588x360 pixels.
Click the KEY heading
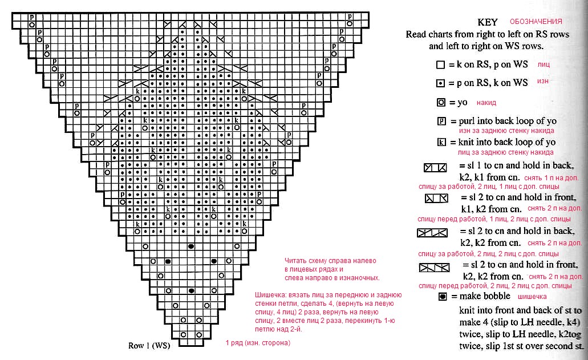(x=488, y=22)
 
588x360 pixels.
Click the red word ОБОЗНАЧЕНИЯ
(x=536, y=21)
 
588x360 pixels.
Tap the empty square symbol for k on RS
(x=440, y=65)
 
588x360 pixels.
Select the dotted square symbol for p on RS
(x=440, y=83)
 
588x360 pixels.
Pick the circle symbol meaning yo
(x=440, y=103)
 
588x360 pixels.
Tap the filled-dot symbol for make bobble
(x=441, y=297)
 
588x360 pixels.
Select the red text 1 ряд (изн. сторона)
(x=258, y=343)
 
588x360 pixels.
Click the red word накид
(x=486, y=103)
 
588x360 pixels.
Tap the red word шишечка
(x=532, y=297)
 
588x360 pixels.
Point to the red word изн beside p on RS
(x=542, y=82)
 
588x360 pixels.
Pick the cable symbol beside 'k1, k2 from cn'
(x=436, y=199)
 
